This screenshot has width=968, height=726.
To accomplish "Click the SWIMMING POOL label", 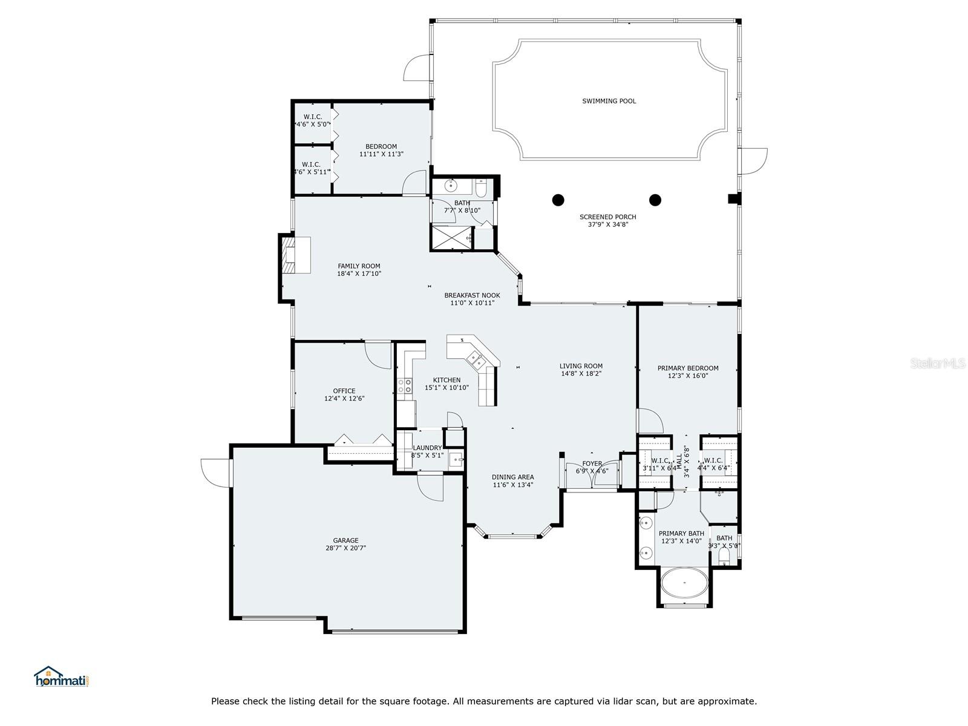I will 609,101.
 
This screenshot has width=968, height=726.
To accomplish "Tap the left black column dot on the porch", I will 558,200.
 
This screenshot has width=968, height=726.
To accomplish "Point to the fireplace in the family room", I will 296,255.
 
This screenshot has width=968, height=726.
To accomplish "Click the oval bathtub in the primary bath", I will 684,583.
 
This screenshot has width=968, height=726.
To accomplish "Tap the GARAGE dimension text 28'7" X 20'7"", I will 345,548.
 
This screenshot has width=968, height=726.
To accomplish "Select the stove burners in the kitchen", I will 405,386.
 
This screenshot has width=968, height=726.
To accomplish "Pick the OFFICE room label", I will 344,391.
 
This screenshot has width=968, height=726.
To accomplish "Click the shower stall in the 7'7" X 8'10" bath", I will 451,238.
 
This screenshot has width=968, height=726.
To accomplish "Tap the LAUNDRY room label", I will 427,448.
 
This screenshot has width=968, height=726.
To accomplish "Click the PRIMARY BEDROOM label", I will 688,368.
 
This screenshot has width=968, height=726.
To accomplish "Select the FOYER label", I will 592,463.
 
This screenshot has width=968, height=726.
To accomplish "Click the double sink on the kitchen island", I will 477,361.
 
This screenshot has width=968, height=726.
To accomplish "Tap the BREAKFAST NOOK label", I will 472,295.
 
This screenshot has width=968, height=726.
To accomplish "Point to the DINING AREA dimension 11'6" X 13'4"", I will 512,485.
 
